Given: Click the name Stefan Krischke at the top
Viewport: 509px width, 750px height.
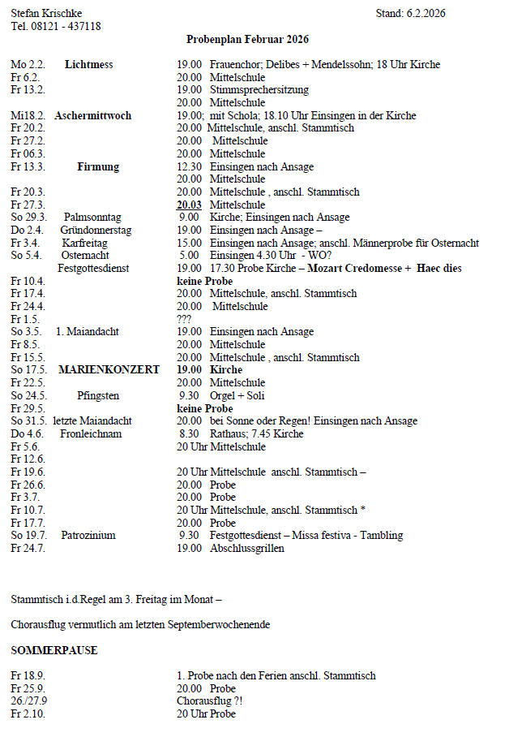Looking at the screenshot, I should point(46,13).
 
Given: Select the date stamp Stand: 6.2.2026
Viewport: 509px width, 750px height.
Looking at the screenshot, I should point(410,13).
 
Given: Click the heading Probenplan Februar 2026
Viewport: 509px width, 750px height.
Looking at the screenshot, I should point(247,39).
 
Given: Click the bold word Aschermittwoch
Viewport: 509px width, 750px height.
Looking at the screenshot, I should point(92,115).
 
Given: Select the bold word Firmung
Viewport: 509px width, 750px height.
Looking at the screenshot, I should point(97,166).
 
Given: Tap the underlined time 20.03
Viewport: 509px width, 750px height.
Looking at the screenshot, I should point(189,205).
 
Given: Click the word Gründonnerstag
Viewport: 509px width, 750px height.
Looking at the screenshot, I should point(96,231).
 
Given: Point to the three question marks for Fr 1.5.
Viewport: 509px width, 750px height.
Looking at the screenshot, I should point(184,319).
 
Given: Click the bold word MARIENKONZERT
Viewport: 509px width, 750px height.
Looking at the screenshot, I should point(109,369).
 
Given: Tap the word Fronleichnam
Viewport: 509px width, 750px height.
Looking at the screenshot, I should point(91,433).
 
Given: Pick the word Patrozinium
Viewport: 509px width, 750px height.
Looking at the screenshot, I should point(88,535).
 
